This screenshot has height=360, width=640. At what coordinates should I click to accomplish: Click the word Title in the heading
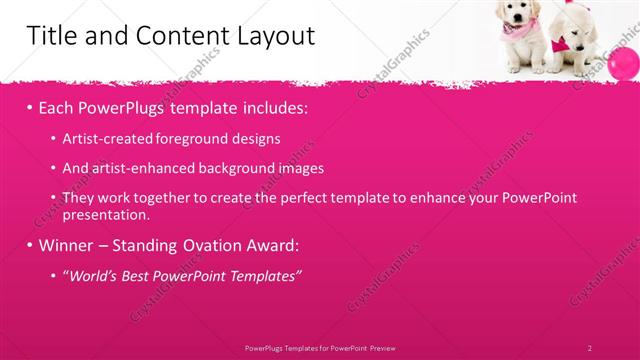tap(50, 36)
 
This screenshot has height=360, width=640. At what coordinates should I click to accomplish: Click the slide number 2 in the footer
tap(590, 347)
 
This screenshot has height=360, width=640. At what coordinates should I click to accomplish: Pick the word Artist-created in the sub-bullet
tap(102, 138)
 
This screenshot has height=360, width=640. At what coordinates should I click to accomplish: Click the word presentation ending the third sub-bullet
tap(106, 214)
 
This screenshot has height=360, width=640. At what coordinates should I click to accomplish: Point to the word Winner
tap(66, 245)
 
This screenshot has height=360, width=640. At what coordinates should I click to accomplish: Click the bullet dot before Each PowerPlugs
tap(29, 106)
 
